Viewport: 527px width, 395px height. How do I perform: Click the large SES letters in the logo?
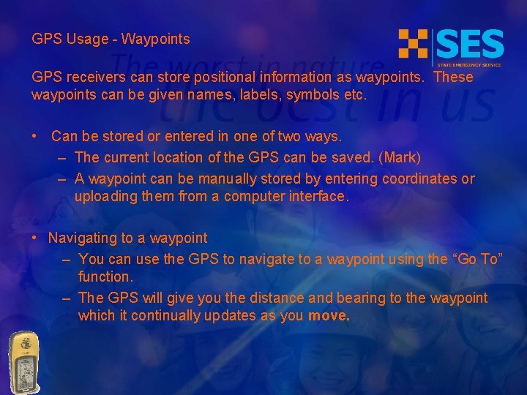click(470, 44)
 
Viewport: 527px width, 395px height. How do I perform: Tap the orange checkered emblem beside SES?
click(413, 43)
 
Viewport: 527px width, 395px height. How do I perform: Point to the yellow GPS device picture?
click(24, 362)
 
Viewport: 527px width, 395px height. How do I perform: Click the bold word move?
click(329, 316)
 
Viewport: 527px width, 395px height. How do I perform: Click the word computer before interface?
click(254, 196)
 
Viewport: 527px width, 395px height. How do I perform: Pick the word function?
click(105, 276)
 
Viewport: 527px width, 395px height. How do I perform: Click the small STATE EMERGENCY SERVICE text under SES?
click(469, 64)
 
